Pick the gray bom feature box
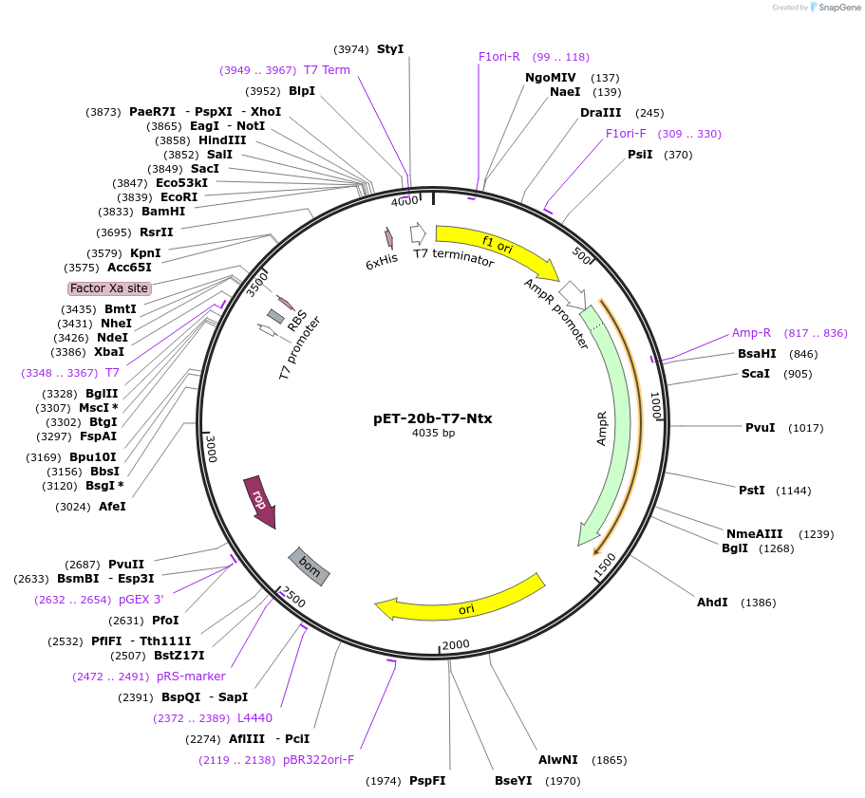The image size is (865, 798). (x=310, y=566)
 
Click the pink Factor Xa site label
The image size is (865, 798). (x=109, y=288)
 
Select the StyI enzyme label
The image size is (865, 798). (x=389, y=48)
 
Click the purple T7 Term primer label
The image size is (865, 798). (x=327, y=69)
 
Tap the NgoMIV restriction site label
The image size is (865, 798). (x=551, y=77)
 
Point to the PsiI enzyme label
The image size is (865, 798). (x=640, y=155)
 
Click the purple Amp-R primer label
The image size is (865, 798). (x=751, y=333)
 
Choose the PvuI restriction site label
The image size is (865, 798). (x=761, y=427)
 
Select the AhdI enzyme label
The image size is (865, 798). (x=712, y=602)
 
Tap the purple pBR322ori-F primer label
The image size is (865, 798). (x=318, y=759)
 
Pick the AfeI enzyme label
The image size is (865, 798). (x=112, y=506)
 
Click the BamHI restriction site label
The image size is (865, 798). (x=163, y=212)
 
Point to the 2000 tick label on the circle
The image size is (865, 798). (x=456, y=645)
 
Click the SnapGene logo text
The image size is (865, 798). (x=839, y=8)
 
